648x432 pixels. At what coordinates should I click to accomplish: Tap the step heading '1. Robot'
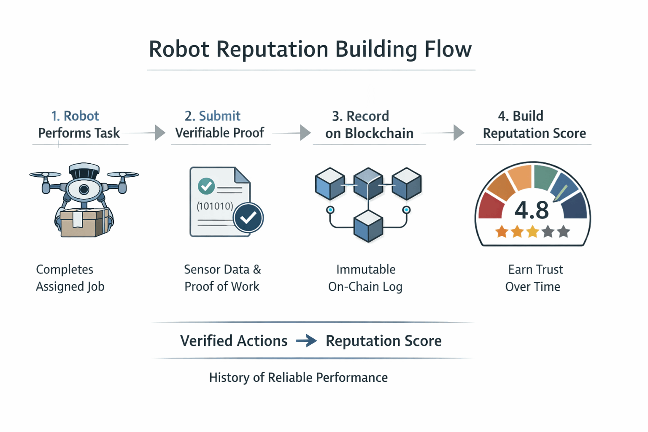coord(75,116)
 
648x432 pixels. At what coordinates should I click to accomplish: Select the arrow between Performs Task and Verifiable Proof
coord(159,132)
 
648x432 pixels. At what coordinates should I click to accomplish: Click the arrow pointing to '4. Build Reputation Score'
coord(459,132)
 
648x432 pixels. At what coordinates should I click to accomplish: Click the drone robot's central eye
coord(84,189)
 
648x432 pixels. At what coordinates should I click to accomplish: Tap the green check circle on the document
coord(206,186)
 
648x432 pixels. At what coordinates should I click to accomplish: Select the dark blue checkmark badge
coord(248,218)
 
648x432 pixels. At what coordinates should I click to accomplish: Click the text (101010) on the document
coord(215,206)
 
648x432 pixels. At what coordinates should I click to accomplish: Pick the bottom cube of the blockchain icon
coord(368,226)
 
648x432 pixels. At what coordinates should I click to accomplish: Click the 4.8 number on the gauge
coord(532,210)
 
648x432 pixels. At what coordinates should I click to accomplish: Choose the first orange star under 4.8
coord(502,232)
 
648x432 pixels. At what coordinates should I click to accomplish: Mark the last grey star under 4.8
coord(563,232)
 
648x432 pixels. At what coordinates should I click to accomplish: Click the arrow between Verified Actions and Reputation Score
coord(307,340)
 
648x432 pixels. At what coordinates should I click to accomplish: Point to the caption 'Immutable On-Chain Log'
coord(365,278)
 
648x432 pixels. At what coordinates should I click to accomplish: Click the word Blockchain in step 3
coord(379,133)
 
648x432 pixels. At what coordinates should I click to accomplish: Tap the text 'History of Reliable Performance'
coord(298,377)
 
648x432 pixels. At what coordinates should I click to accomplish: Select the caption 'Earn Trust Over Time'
coord(534,278)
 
